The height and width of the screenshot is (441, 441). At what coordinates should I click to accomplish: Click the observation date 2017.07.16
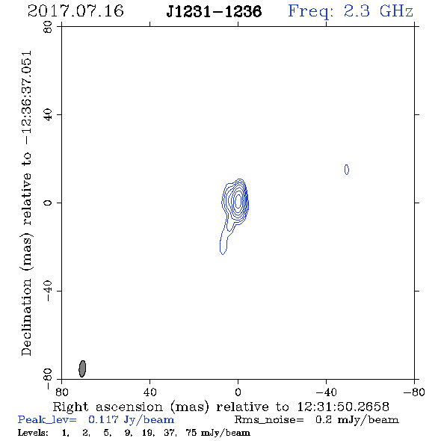click(75, 11)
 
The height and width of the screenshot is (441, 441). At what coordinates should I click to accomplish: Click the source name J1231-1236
click(214, 12)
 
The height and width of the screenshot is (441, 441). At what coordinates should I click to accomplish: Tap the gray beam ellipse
click(82, 368)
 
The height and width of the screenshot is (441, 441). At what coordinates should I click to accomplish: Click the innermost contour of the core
click(238, 201)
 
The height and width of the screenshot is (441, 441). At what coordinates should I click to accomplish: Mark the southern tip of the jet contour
click(223, 254)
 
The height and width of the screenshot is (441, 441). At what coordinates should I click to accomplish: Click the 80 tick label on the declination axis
click(48, 27)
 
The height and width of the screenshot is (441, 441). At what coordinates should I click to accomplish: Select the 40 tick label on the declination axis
click(48, 115)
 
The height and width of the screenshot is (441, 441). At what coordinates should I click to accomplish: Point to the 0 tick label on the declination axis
click(48, 203)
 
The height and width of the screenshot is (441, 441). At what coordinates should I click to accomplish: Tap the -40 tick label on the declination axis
click(48, 291)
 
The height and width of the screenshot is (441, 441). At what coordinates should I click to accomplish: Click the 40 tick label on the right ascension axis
click(150, 392)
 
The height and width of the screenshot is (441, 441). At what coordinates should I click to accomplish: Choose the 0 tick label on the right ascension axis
click(238, 392)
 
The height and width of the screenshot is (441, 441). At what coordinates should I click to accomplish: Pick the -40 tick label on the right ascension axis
click(326, 392)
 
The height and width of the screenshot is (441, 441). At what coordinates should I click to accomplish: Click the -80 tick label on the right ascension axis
click(414, 392)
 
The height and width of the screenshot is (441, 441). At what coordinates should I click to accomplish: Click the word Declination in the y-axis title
click(26, 318)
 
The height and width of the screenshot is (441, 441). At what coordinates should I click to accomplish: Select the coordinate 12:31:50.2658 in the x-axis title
click(343, 407)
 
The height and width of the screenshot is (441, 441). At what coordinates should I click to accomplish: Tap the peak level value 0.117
click(103, 419)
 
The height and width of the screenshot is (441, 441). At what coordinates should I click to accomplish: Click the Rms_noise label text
click(269, 420)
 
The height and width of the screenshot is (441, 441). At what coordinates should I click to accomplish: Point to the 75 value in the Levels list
click(191, 432)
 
